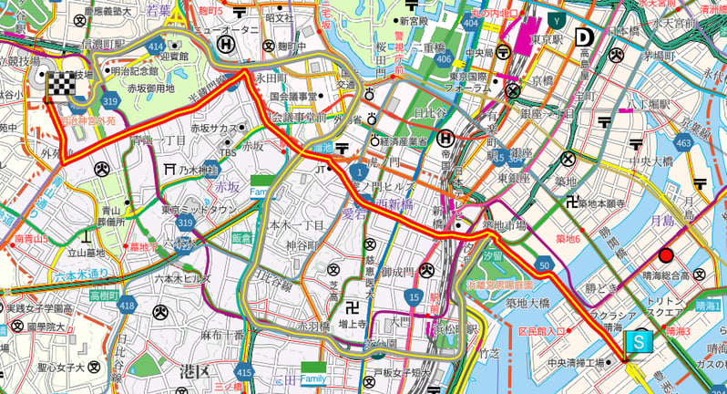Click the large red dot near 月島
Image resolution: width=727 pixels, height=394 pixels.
[x=666, y=255]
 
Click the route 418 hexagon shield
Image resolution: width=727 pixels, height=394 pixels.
[x=127, y=306]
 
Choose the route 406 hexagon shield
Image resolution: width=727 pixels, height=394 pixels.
[x=443, y=59]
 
